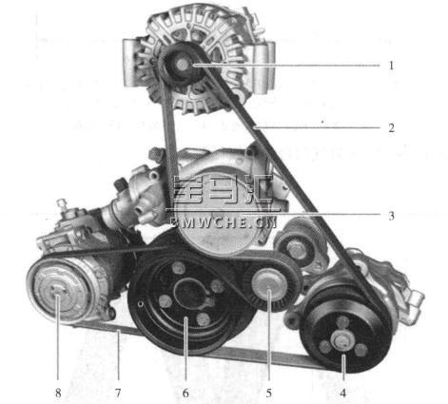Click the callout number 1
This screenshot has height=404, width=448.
391,66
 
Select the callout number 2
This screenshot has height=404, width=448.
392,128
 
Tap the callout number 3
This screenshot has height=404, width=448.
392,216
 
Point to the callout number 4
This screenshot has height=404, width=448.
343,394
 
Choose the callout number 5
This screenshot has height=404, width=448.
269,394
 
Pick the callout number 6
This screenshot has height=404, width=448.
185,394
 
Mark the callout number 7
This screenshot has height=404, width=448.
118,394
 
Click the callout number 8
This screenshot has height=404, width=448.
58,394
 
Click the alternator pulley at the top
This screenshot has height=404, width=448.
182,65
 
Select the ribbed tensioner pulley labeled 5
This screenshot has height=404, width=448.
269,283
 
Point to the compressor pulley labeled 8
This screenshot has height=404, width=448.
59,291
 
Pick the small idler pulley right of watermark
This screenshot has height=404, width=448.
297,249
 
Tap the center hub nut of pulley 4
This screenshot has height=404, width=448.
341,340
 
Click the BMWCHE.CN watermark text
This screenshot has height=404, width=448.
224,222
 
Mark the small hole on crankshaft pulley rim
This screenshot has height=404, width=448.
141,304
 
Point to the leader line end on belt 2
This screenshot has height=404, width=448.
255,127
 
